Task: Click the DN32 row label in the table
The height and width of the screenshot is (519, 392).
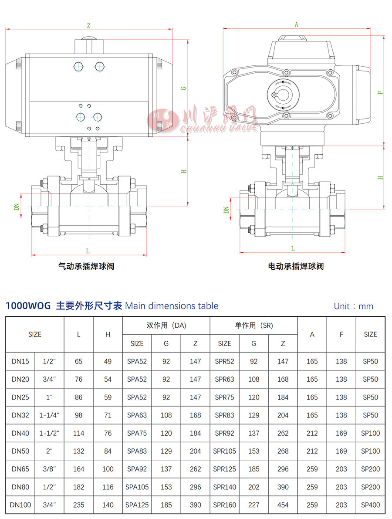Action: (20, 415)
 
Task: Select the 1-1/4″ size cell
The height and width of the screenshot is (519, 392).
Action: (50, 415)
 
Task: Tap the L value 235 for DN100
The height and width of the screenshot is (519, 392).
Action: (79, 505)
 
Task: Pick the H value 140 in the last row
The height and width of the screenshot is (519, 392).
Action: (108, 505)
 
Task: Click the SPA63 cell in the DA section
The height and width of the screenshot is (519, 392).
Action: (137, 415)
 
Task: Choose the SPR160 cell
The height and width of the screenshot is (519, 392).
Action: (224, 505)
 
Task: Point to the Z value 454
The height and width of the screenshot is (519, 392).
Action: (283, 505)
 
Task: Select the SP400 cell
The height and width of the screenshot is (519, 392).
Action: (370, 505)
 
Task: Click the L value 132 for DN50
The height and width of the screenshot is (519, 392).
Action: (79, 451)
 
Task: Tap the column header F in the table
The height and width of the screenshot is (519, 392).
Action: (341, 334)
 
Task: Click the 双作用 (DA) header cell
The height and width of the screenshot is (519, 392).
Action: (166, 326)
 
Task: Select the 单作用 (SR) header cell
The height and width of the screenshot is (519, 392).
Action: (253, 326)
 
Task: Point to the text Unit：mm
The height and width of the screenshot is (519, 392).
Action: (353, 306)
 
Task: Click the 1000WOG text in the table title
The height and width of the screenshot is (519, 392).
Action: (28, 306)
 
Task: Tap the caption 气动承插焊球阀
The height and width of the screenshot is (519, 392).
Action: (86, 266)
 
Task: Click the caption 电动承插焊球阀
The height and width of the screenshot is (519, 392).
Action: (296, 266)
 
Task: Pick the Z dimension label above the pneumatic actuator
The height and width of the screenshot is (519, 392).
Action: (88, 26)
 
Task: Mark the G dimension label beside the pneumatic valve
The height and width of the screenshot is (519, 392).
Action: (184, 88)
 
